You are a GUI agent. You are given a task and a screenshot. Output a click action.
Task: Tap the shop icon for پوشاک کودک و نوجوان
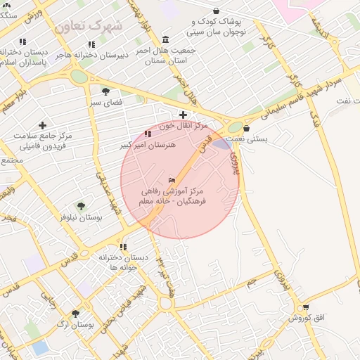point(215,11)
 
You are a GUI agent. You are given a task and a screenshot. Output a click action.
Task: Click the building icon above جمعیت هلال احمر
point(165,39)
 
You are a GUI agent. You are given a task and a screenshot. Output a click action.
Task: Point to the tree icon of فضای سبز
point(105,91)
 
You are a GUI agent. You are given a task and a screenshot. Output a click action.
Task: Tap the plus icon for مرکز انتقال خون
point(183,115)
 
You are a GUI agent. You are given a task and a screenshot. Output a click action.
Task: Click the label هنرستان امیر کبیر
point(148,144)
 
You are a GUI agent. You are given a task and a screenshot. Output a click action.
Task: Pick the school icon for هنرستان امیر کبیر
point(147,134)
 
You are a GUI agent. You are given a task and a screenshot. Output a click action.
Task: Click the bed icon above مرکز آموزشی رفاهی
point(173,179)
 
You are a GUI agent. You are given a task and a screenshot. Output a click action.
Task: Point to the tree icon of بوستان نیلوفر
point(81,206)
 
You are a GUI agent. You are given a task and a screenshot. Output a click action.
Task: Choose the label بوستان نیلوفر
point(82,218)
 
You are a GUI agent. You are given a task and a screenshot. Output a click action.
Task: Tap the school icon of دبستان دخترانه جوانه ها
point(124,247)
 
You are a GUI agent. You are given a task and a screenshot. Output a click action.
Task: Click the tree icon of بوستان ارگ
point(76,313)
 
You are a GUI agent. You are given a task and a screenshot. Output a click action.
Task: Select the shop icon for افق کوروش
point(305,307)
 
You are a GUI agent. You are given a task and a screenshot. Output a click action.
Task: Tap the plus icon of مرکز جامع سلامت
point(42,125)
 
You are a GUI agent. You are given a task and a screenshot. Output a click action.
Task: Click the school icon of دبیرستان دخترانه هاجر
point(91,44)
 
